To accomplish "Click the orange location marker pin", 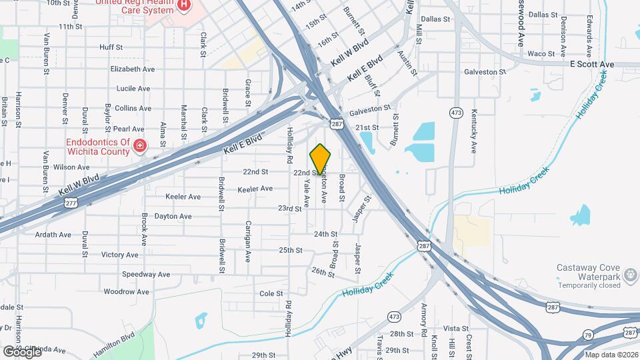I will pos(321,159).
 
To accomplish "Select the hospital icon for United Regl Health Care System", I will pos(184,6).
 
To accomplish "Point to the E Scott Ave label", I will pos(591,64).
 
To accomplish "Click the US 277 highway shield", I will pos(71,202).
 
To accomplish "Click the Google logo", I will pos(21,351).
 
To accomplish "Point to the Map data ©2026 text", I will pos(611,354).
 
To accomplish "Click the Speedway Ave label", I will pos(146,274).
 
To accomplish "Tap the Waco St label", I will pos(537,53).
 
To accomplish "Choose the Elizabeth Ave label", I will pos(133,69).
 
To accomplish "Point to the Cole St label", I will pos(271,293).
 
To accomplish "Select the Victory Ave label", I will pos(119,255).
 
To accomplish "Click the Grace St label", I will pos(247,92).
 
